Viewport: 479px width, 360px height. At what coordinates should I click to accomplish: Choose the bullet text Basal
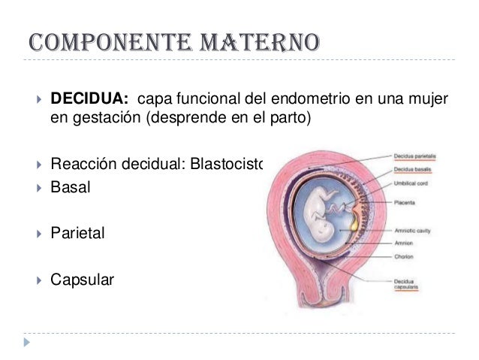(70, 187)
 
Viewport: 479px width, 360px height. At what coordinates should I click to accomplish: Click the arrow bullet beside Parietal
(33, 234)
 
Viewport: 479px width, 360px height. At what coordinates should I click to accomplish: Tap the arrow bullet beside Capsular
(33, 281)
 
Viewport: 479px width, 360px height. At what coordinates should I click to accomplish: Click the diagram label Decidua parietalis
(417, 156)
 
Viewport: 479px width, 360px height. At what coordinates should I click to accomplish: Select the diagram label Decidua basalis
(414, 171)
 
